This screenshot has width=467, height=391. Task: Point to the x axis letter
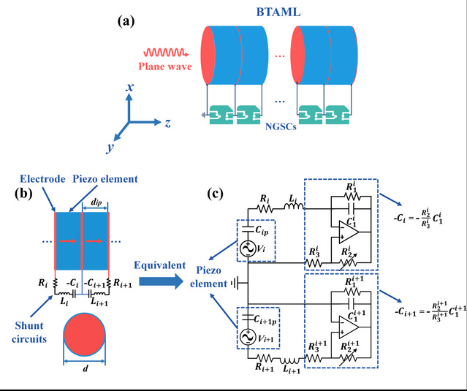coord(129,87)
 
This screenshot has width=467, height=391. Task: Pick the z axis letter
coord(167,123)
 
